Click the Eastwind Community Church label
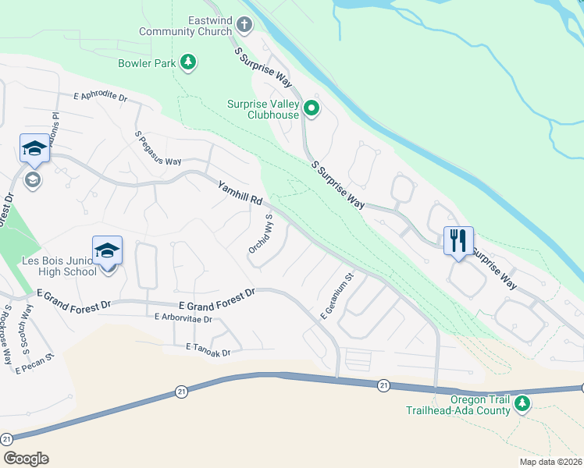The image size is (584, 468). [185, 26]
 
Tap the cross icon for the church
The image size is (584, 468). [244, 25]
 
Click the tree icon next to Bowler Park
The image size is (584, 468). [187, 61]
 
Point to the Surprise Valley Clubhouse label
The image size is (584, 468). [263, 109]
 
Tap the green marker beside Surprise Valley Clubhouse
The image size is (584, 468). [312, 108]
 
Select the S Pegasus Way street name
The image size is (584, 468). [158, 149]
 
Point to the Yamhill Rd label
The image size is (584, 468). [240, 190]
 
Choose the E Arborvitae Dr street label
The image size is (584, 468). [183, 318]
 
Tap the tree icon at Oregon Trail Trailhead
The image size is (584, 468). [522, 403]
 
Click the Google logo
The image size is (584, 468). [26, 459]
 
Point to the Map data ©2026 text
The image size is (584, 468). [550, 462]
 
